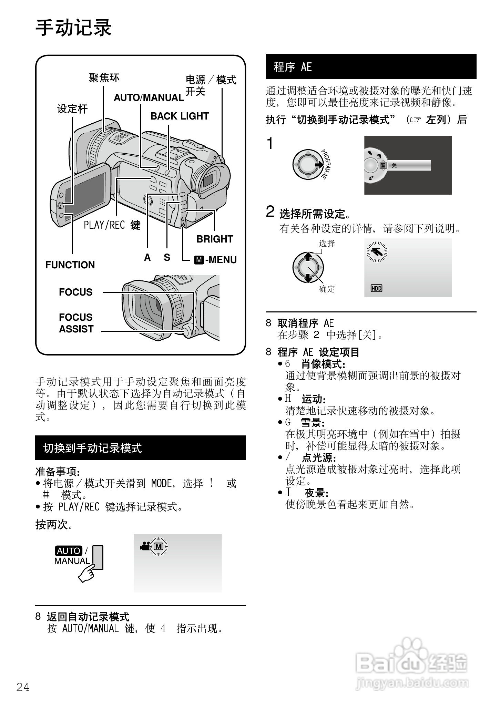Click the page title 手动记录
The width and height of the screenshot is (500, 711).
point(74,28)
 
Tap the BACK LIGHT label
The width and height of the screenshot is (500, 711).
point(180,116)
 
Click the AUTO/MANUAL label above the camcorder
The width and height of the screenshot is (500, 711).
point(149,97)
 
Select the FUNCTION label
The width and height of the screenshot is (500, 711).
point(70,265)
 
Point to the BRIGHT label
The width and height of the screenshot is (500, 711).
point(215,239)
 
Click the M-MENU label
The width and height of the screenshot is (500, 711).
point(216,260)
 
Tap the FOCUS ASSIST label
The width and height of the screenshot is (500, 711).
point(76,323)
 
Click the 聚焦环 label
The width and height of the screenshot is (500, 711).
point(104,78)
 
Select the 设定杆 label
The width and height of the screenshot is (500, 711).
point(72,109)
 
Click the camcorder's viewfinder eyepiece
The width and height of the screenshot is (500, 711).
point(209,179)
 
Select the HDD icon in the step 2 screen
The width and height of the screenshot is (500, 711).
point(376,288)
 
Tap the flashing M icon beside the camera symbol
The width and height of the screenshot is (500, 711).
point(159,546)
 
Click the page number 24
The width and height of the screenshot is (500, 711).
point(23,687)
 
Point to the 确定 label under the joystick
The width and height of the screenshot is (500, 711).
point(327,289)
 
